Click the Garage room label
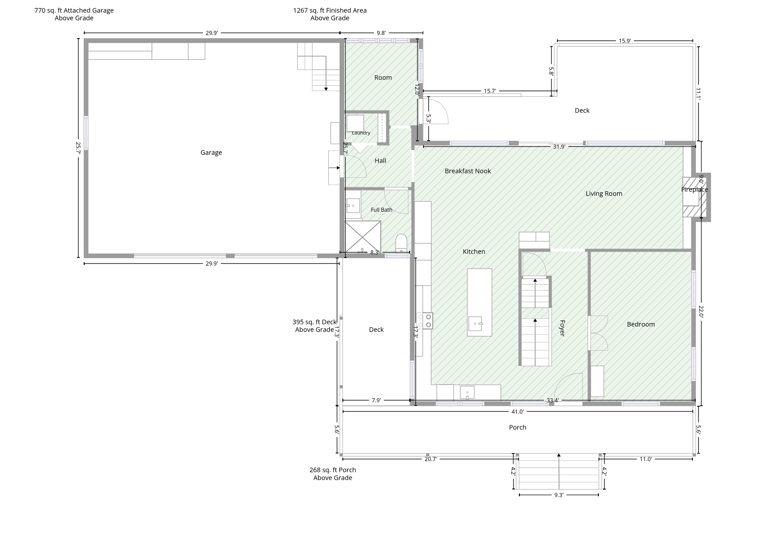[211, 152]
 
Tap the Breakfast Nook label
[468, 171]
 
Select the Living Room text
[604, 193]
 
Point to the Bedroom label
[640, 324]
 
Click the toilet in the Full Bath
[401, 243]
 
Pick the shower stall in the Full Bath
[362, 236]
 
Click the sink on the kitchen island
[475, 324]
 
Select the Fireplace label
[694, 190]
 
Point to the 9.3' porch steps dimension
[559, 495]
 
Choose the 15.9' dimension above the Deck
[624, 41]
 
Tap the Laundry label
[361, 133]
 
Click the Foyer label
[562, 328]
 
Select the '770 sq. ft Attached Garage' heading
[74, 10]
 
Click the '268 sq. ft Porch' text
[333, 470]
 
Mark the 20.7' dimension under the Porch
[430, 459]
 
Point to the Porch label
[517, 427]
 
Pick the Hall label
[380, 161]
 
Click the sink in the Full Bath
[353, 206]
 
